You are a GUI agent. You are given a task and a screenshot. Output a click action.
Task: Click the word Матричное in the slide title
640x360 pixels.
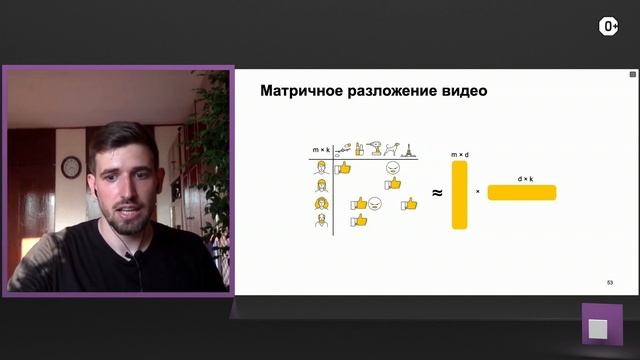[298, 91]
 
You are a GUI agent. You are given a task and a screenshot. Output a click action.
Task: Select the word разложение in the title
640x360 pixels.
[387, 91]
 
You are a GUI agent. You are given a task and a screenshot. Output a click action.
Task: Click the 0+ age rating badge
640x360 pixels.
[607, 27]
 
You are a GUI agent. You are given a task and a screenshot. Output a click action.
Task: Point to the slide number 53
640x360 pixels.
[610, 283]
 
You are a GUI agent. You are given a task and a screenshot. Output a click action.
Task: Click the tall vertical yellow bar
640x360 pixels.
[460, 194]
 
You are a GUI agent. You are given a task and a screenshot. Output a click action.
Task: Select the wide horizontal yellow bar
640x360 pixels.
[522, 192]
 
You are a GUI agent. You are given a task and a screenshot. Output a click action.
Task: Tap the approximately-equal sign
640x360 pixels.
[437, 192]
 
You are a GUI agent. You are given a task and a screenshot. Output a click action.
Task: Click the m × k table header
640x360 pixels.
[321, 150]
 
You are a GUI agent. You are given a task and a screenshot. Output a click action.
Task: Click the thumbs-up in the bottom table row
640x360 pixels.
[359, 219]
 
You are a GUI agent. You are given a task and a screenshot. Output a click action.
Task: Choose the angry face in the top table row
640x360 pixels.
[393, 168]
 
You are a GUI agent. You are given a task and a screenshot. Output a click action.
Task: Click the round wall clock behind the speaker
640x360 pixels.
[70, 167]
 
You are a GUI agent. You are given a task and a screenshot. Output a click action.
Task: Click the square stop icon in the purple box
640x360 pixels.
[601, 327]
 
